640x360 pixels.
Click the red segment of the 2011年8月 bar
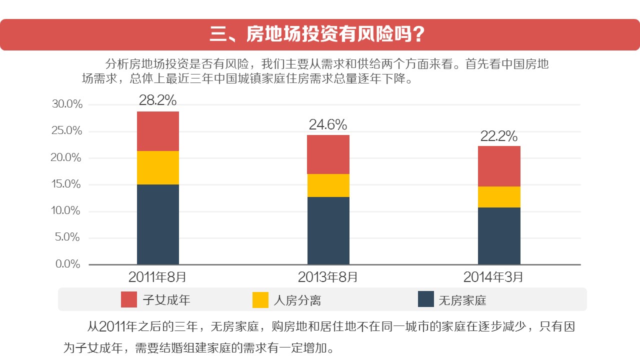tap(158, 131)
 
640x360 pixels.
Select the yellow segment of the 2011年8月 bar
tap(158, 167)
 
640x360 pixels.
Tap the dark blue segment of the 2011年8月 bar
tap(158, 224)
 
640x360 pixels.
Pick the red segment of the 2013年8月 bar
tap(328, 154)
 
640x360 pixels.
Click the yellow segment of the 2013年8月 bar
tap(328, 185)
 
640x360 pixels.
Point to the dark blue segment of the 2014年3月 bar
tap(499, 235)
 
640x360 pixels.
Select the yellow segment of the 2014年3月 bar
tap(499, 197)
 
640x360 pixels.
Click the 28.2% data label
tap(157, 100)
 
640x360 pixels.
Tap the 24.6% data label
tap(327, 124)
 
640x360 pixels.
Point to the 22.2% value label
tap(498, 136)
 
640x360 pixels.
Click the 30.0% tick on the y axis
tap(66, 104)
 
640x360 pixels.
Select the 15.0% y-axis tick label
tap(66, 184)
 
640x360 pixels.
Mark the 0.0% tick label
tap(68, 264)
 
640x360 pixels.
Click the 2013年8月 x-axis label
tap(327, 277)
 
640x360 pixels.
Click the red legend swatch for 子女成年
tap(129, 299)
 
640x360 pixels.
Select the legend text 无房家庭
tap(462, 300)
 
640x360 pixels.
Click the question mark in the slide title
tap(419, 34)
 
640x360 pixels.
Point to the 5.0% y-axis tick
tap(68, 237)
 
